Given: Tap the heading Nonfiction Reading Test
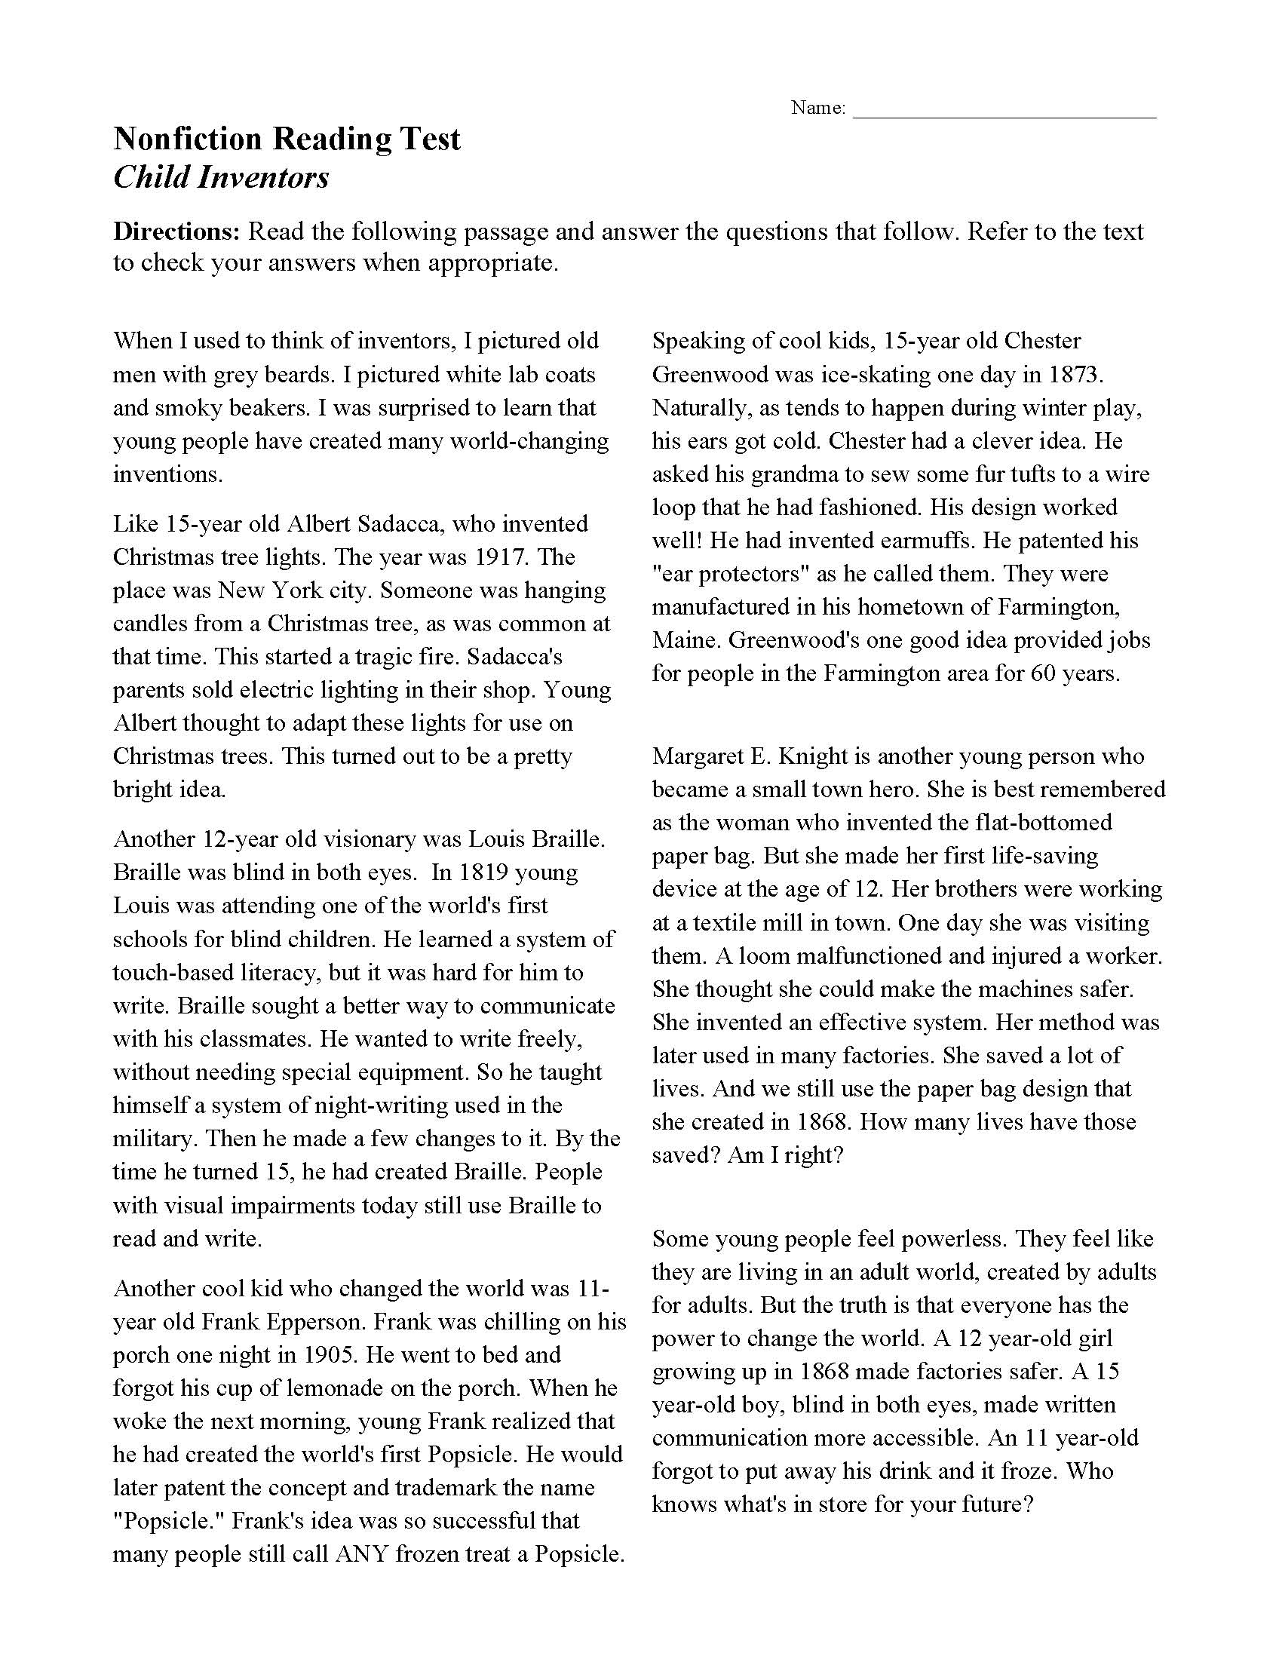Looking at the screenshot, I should (x=287, y=139).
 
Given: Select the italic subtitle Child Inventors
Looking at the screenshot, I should (x=221, y=177).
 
